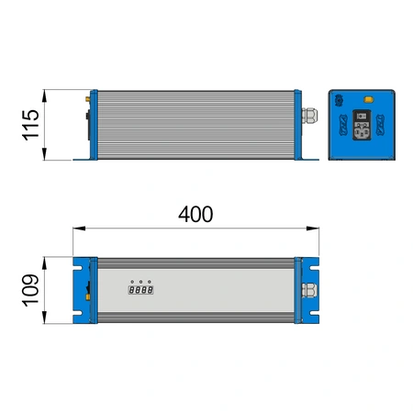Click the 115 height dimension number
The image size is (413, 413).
(x=29, y=125)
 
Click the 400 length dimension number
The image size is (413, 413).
(x=195, y=214)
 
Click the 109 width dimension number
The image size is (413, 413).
(x=29, y=293)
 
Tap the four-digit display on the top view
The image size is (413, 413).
(x=140, y=290)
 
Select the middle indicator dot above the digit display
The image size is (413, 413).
(x=140, y=280)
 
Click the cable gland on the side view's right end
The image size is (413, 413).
(x=309, y=117)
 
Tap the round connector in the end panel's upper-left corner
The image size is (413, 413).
(x=339, y=99)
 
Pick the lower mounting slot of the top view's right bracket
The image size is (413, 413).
(x=314, y=315)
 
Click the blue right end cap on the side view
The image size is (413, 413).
(x=297, y=125)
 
